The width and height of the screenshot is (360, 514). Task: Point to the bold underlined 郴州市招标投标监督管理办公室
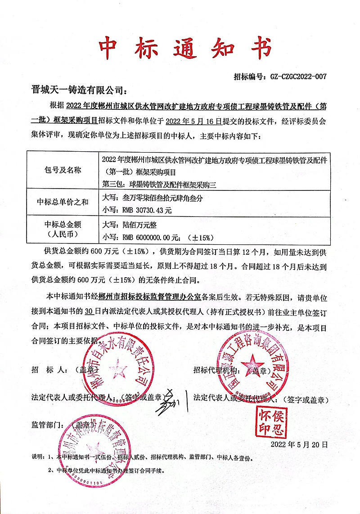point(144,298)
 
